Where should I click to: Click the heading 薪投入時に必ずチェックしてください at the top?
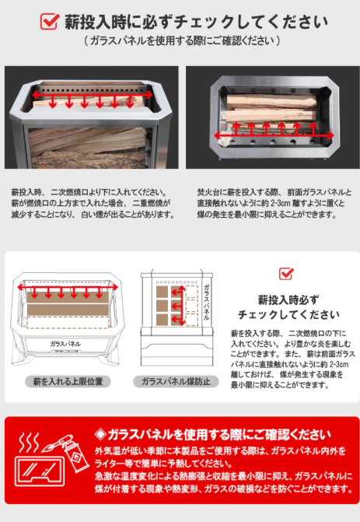pos(194,21)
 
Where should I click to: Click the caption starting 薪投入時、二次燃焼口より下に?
pos(93,202)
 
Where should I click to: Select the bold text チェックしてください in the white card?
pos(288,314)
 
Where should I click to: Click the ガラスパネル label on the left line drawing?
pos(68,343)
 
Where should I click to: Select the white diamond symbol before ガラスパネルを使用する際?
pos(100,434)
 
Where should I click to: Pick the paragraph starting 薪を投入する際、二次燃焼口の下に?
pos(288,358)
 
